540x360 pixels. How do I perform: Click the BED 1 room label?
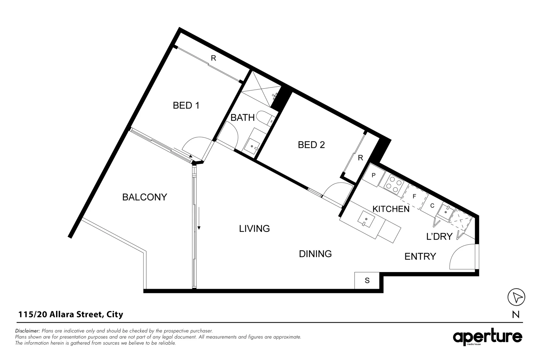[x=186, y=106]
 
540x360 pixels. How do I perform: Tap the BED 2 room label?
[x=311, y=145]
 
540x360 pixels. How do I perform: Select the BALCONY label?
[x=144, y=197]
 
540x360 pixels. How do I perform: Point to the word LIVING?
[x=254, y=229]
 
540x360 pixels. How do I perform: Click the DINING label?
[x=315, y=254]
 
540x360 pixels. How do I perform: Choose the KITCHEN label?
[x=391, y=209]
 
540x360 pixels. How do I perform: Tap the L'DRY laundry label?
[x=439, y=237]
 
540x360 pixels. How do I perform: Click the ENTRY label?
[x=420, y=256]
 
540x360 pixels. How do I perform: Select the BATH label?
[x=242, y=118]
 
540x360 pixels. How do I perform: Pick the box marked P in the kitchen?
[x=373, y=175]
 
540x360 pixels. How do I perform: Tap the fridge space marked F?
[x=414, y=197]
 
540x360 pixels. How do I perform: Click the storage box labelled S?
[x=367, y=281]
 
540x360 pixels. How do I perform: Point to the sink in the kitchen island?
[x=366, y=219]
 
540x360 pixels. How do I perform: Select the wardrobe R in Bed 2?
[x=360, y=158]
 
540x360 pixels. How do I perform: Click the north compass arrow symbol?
[x=516, y=297]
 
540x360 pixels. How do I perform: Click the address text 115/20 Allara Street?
[x=71, y=314]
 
